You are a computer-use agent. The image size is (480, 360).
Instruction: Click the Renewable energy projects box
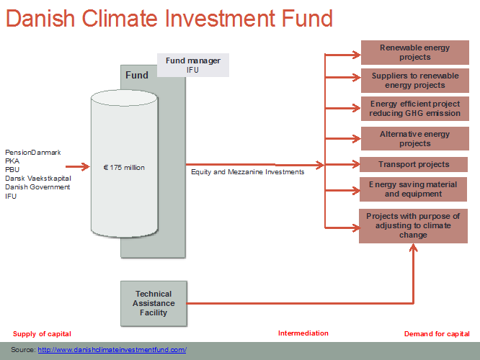click(415, 53)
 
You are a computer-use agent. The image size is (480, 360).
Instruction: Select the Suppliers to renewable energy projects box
click(415, 81)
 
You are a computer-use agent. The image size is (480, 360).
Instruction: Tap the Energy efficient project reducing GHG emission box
click(415, 109)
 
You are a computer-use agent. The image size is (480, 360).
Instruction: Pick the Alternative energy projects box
click(415, 138)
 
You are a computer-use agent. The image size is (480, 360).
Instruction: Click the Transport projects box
click(414, 165)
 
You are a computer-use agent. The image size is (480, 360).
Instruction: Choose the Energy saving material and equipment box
click(413, 189)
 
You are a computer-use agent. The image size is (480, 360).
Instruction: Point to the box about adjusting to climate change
click(413, 226)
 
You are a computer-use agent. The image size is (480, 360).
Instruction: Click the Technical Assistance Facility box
click(154, 303)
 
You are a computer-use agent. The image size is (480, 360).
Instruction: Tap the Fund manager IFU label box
click(193, 65)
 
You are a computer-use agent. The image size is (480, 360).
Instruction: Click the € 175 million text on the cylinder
click(124, 168)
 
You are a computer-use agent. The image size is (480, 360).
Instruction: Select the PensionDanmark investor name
click(33, 153)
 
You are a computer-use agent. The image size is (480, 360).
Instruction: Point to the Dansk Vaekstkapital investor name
click(38, 179)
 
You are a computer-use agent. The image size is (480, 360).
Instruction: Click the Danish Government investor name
click(37, 187)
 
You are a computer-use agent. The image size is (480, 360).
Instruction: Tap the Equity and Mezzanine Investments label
click(248, 172)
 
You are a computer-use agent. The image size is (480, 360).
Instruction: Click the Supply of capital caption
click(42, 333)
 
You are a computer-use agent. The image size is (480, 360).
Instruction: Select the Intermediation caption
click(303, 333)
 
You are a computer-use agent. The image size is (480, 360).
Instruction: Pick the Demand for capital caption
click(437, 333)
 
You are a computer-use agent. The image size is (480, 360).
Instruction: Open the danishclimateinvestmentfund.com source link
click(112, 350)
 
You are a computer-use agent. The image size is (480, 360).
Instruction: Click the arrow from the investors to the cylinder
click(77, 167)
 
